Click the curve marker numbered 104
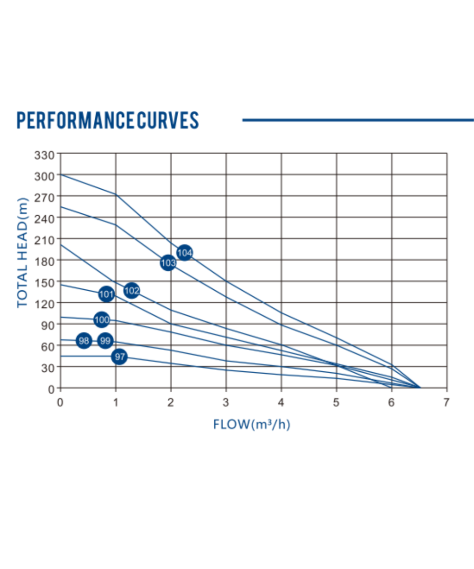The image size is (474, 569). [x=184, y=252]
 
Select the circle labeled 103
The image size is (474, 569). [x=168, y=263]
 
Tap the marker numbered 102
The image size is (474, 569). [x=132, y=291]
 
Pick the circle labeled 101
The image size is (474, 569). [x=107, y=294]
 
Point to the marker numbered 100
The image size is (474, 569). [x=101, y=320]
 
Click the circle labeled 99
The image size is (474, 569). [x=105, y=340]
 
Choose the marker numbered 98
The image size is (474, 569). [x=84, y=340]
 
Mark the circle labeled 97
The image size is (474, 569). [x=119, y=357]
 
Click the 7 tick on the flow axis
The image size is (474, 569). [x=446, y=403]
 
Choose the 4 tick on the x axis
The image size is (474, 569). [x=281, y=403]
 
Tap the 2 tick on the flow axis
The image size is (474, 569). [x=171, y=403]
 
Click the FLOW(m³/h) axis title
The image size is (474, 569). [x=252, y=424]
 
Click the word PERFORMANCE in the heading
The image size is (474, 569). [x=75, y=120]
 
